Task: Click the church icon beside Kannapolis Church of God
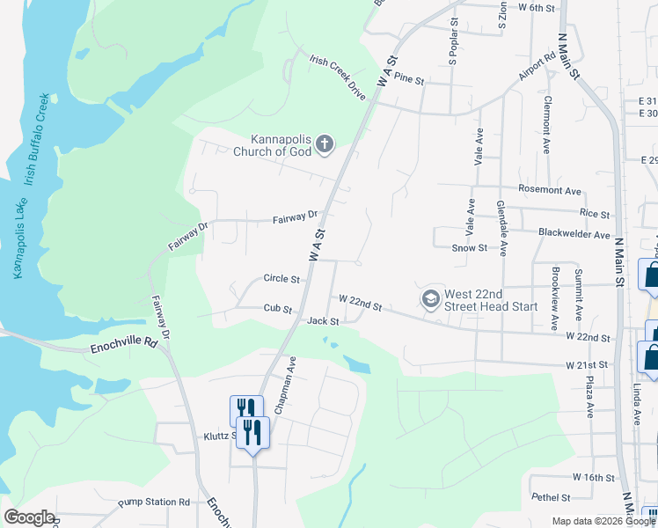tap(325, 143)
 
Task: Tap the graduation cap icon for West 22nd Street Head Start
tap(431, 299)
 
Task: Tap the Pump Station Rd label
tap(154, 502)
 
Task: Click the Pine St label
tap(410, 79)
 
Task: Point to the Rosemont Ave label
tap(551, 190)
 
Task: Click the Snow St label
tap(469, 248)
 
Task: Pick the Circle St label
tap(281, 279)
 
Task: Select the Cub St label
tap(277, 308)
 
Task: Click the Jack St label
tap(323, 321)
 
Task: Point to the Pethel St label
tap(552, 497)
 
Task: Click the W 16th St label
tap(592, 477)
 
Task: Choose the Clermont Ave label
tap(547, 125)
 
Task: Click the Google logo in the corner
tap(29, 517)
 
